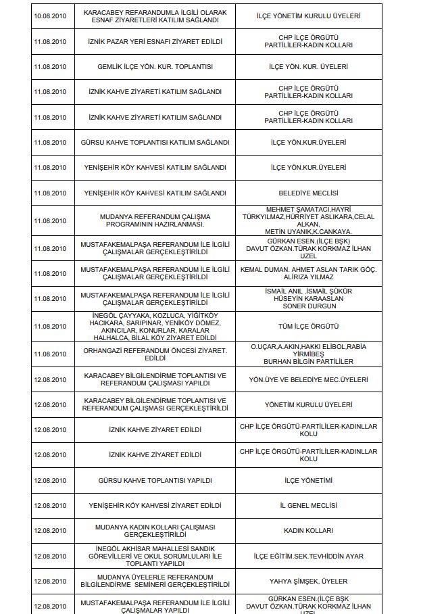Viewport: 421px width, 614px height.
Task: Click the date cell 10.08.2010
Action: pyautogui.click(x=50, y=16)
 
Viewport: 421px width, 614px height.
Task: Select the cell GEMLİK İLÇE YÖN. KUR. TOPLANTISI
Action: pyautogui.click(x=155, y=67)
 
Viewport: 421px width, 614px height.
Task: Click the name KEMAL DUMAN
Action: pyautogui.click(x=263, y=269)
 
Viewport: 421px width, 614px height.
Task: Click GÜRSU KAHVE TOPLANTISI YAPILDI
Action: pyautogui.click(x=155, y=480)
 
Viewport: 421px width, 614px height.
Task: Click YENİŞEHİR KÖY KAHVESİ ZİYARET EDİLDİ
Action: pyautogui.click(x=155, y=506)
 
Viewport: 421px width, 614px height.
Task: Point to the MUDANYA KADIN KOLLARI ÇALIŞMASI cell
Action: pyautogui.click(x=155, y=531)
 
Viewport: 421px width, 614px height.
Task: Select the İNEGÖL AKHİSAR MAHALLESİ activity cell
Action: pyautogui.click(x=155, y=556)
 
